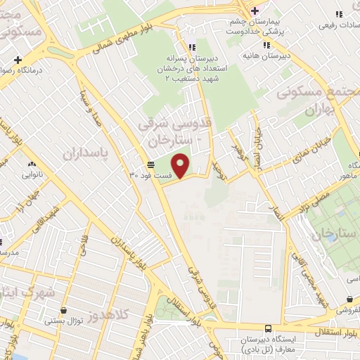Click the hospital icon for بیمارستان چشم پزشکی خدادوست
click(255, 11)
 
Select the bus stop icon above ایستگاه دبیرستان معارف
click(268, 328)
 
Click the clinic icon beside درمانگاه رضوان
click(18, 60)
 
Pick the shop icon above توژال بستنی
click(64, 310)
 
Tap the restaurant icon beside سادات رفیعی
click(340, 14)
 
